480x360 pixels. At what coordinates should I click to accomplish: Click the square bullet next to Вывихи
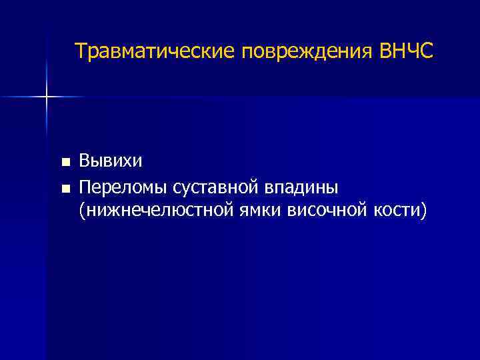point(65,162)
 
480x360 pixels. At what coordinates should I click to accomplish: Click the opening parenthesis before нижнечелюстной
point(81,212)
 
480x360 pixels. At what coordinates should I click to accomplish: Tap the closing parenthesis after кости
point(422,212)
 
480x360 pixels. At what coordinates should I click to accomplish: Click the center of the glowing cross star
point(47,97)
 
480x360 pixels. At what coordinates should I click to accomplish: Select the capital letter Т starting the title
point(81,51)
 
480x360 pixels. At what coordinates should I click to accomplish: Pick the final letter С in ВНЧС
point(426,51)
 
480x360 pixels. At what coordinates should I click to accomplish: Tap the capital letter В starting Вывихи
point(85,161)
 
